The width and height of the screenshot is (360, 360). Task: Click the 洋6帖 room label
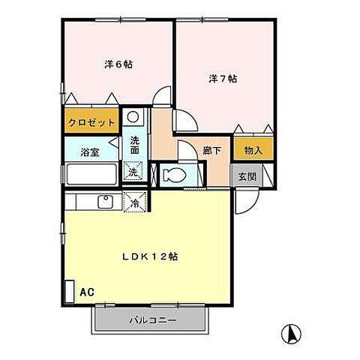pos(118,64)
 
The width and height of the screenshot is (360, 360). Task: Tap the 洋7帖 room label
pos(222,78)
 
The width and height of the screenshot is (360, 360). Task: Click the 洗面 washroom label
pos(133,145)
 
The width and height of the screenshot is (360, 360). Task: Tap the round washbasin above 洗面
pos(133,117)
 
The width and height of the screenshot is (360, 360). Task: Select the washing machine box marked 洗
pos(133,172)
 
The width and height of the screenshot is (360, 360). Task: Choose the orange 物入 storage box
pos(253,150)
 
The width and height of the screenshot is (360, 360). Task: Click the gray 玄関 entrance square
pos(247,178)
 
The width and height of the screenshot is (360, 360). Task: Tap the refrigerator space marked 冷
pos(135,202)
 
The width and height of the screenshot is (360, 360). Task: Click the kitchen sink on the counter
pos(106,201)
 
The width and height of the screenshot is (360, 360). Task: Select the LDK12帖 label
pos(150,256)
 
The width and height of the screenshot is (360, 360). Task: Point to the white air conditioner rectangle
pos(69,291)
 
